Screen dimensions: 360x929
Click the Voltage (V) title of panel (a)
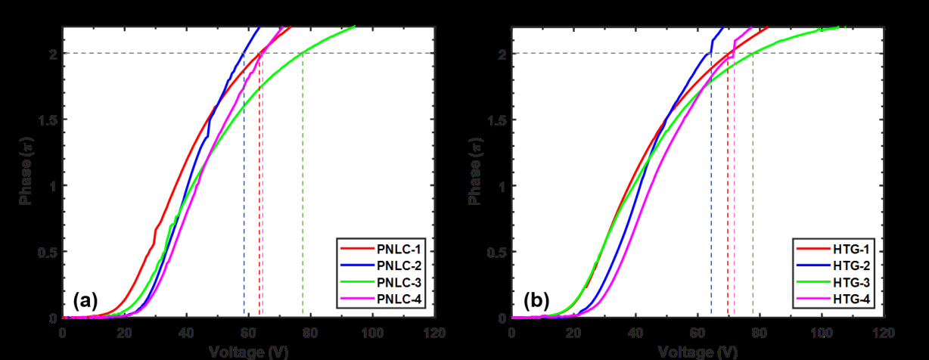tap(248, 352)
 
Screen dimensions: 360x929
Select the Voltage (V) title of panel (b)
tap(698, 352)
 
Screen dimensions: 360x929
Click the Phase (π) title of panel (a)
tap(25, 172)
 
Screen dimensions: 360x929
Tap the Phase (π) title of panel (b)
tap(475, 172)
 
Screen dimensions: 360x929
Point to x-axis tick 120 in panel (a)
tap(433, 333)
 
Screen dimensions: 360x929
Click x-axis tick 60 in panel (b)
tap(698, 333)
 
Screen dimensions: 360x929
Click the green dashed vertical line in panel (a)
tap(303, 189)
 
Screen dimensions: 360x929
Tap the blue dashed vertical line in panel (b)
tap(711, 189)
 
